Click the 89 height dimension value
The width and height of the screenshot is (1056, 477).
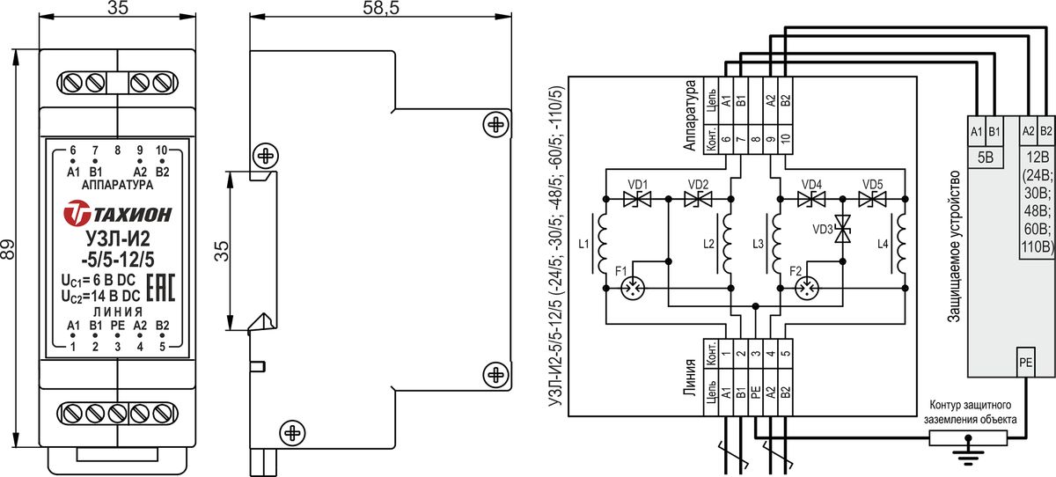(x=8, y=249)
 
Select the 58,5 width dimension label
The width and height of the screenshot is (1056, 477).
(x=381, y=8)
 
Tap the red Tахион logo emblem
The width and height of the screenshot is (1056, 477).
(x=77, y=214)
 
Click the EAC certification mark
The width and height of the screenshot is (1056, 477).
(x=161, y=288)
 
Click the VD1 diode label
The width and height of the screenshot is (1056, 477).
(x=637, y=184)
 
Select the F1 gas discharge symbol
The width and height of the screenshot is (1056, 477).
(x=632, y=288)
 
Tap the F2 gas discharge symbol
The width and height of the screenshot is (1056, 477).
(x=807, y=288)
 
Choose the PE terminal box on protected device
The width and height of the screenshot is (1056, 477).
(x=1026, y=362)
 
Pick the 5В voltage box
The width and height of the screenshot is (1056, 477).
(x=986, y=157)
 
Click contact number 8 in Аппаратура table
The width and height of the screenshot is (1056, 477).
(x=756, y=139)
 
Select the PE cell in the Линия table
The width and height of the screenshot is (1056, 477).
(x=756, y=393)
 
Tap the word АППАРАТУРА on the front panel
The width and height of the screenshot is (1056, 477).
(x=117, y=185)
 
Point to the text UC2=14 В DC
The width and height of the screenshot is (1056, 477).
(x=101, y=296)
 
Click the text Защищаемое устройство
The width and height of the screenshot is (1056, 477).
(x=953, y=246)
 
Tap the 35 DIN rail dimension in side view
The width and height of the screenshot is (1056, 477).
(x=221, y=251)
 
